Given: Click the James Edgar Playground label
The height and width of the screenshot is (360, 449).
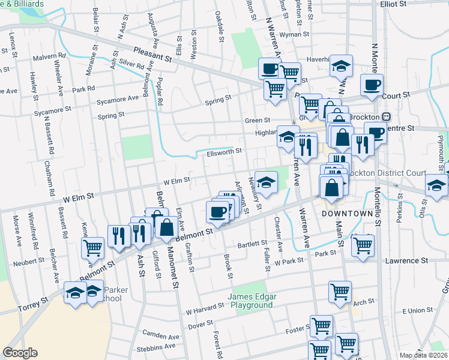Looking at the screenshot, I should tap(250, 301).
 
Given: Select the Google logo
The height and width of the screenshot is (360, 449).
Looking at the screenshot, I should tap(20, 353).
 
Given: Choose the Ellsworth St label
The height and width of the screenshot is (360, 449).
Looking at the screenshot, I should tap(224, 152).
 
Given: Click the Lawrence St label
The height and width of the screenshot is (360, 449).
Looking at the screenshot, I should tap(406, 260).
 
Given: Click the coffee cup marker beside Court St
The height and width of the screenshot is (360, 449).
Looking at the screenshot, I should tap(371, 85).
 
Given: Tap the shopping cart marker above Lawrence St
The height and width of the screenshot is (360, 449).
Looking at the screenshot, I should tap(363, 245).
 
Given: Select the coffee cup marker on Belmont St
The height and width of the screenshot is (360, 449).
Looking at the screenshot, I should tap(217, 211).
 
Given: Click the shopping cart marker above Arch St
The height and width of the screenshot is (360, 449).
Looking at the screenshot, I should tap(340, 292).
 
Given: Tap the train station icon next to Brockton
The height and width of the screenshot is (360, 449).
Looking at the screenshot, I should tap(387, 116).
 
